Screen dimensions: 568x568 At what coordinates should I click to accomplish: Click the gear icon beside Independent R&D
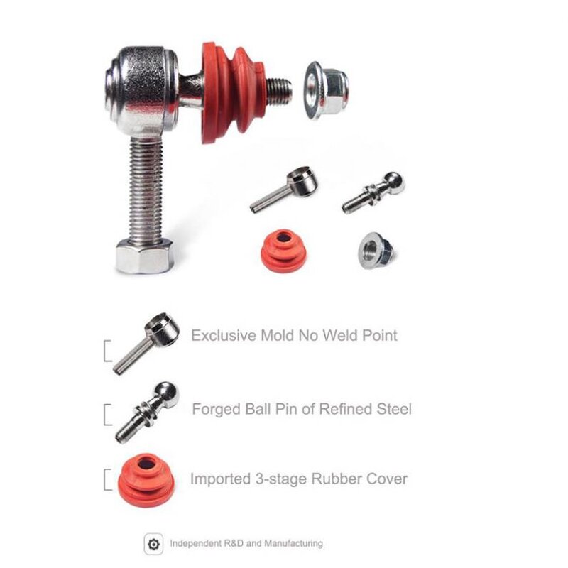(152, 545)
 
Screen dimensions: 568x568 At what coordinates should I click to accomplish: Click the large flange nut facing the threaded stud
(326, 89)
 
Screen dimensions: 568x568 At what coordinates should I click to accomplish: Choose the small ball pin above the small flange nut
(374, 192)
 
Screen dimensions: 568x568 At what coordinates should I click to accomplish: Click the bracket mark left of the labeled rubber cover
(107, 480)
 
